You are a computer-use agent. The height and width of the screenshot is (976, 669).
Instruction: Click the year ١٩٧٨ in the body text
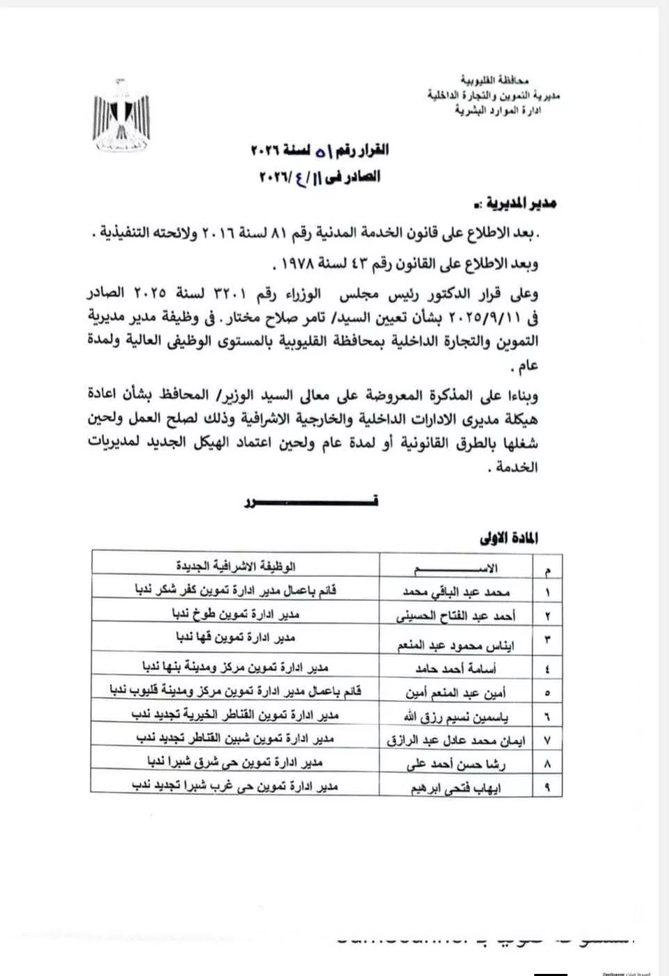pyautogui.click(x=292, y=264)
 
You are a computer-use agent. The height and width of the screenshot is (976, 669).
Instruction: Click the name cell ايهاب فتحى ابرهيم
pyautogui.click(x=458, y=788)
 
